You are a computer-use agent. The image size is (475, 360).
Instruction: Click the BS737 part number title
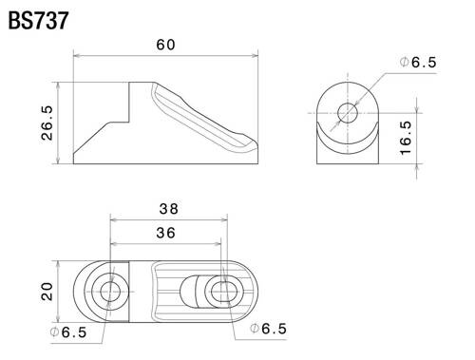click(x=39, y=19)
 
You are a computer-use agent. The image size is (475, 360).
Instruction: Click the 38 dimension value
click(x=169, y=208)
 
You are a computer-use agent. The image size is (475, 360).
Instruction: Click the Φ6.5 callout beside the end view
click(x=416, y=63)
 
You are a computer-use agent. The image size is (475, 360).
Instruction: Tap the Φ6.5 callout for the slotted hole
click(x=268, y=329)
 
